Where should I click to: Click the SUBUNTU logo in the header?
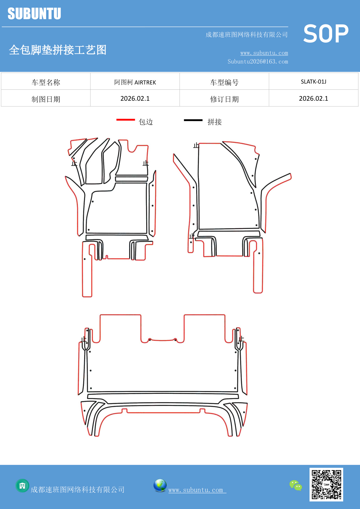34,14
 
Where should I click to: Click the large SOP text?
326,34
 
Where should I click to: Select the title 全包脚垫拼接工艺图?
58,50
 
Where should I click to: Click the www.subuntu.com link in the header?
264,53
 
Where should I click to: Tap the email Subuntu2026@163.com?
258,62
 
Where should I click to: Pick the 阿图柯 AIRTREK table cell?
135,82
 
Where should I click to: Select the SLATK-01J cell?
313,82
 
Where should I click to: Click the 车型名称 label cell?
46,82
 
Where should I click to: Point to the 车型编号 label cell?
224,82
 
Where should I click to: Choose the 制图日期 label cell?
46,99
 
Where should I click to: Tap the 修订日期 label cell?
224,99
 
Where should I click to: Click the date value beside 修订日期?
313,99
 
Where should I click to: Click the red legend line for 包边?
126,120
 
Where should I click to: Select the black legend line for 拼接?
193,120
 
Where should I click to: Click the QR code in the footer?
326,484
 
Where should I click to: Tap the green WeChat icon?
296,485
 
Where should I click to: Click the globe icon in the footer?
160,485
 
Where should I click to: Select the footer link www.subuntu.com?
196,490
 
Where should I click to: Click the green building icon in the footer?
22,485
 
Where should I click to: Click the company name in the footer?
78,490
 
